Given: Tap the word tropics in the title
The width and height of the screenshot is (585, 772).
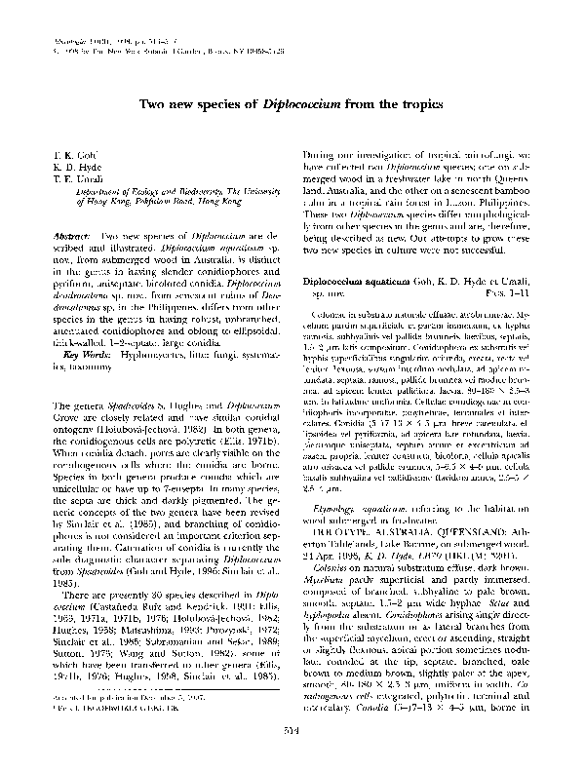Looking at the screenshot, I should point(421,103).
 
